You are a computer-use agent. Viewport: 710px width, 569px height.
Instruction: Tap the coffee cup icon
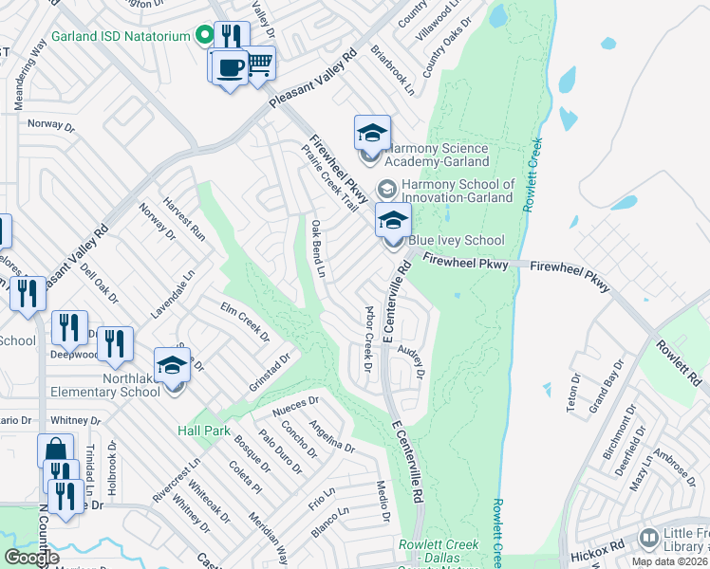tap(229, 65)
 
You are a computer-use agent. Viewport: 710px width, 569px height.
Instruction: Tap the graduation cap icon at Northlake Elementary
tap(173, 366)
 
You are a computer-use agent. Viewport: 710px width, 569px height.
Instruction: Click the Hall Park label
tap(204, 431)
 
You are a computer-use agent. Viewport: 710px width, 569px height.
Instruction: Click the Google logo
tap(32, 558)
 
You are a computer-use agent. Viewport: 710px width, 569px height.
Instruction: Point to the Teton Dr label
tap(573, 390)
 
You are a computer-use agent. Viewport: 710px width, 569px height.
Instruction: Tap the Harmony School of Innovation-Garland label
tap(458, 191)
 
